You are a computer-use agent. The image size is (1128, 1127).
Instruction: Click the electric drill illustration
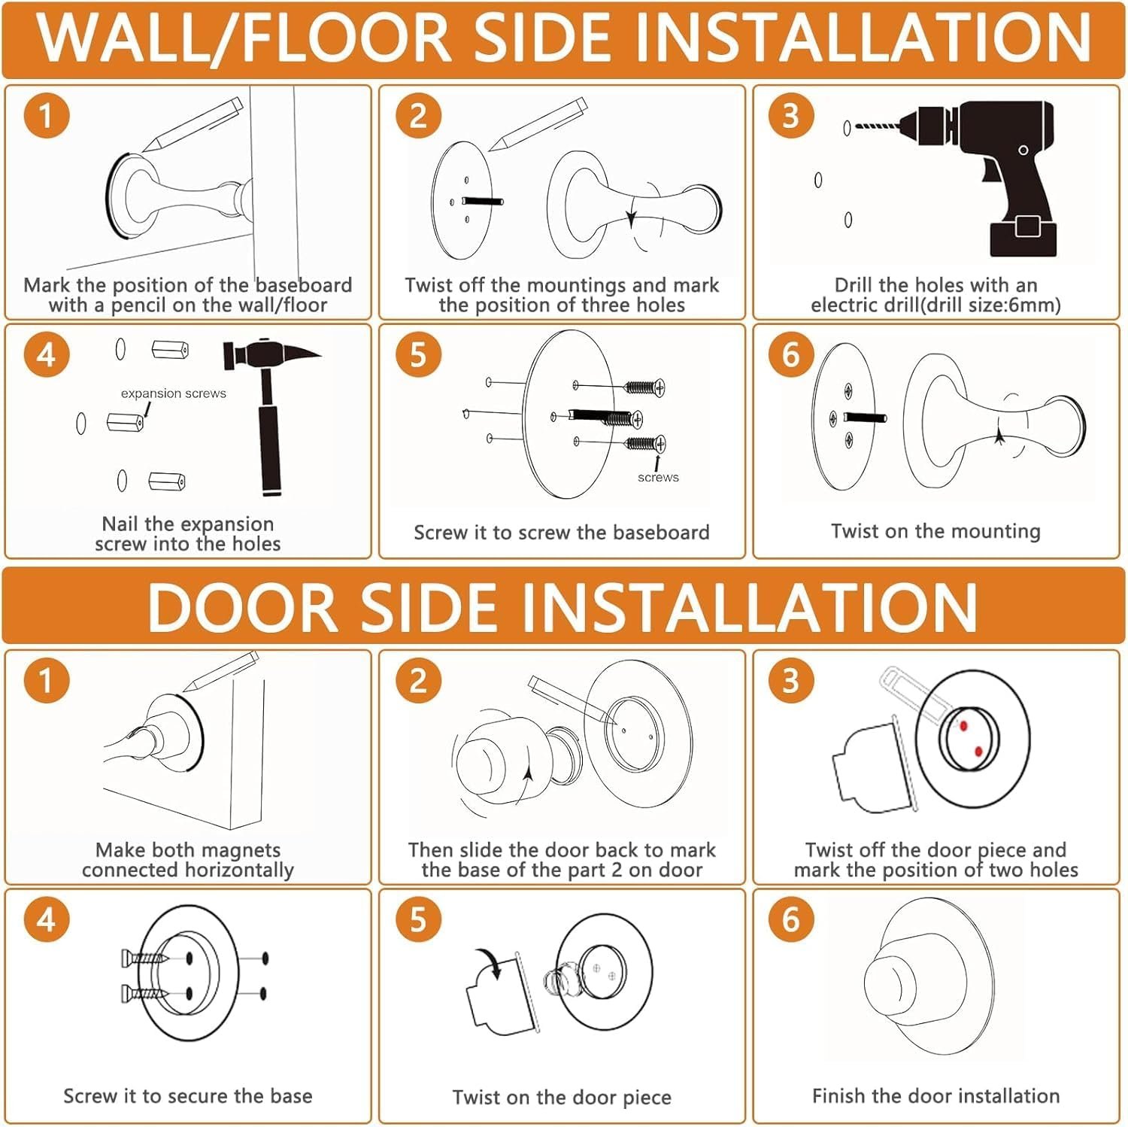(x=970, y=177)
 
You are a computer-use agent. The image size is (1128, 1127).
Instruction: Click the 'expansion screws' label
(x=174, y=393)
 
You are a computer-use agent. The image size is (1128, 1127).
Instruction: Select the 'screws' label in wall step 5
(x=658, y=477)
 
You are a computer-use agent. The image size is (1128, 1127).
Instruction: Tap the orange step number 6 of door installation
(x=790, y=919)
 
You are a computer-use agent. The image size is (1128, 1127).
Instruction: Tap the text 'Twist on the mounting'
(x=935, y=531)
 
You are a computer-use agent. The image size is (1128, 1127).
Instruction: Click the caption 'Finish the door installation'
(x=935, y=1095)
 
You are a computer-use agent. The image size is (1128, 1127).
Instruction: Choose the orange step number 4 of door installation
(x=46, y=919)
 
